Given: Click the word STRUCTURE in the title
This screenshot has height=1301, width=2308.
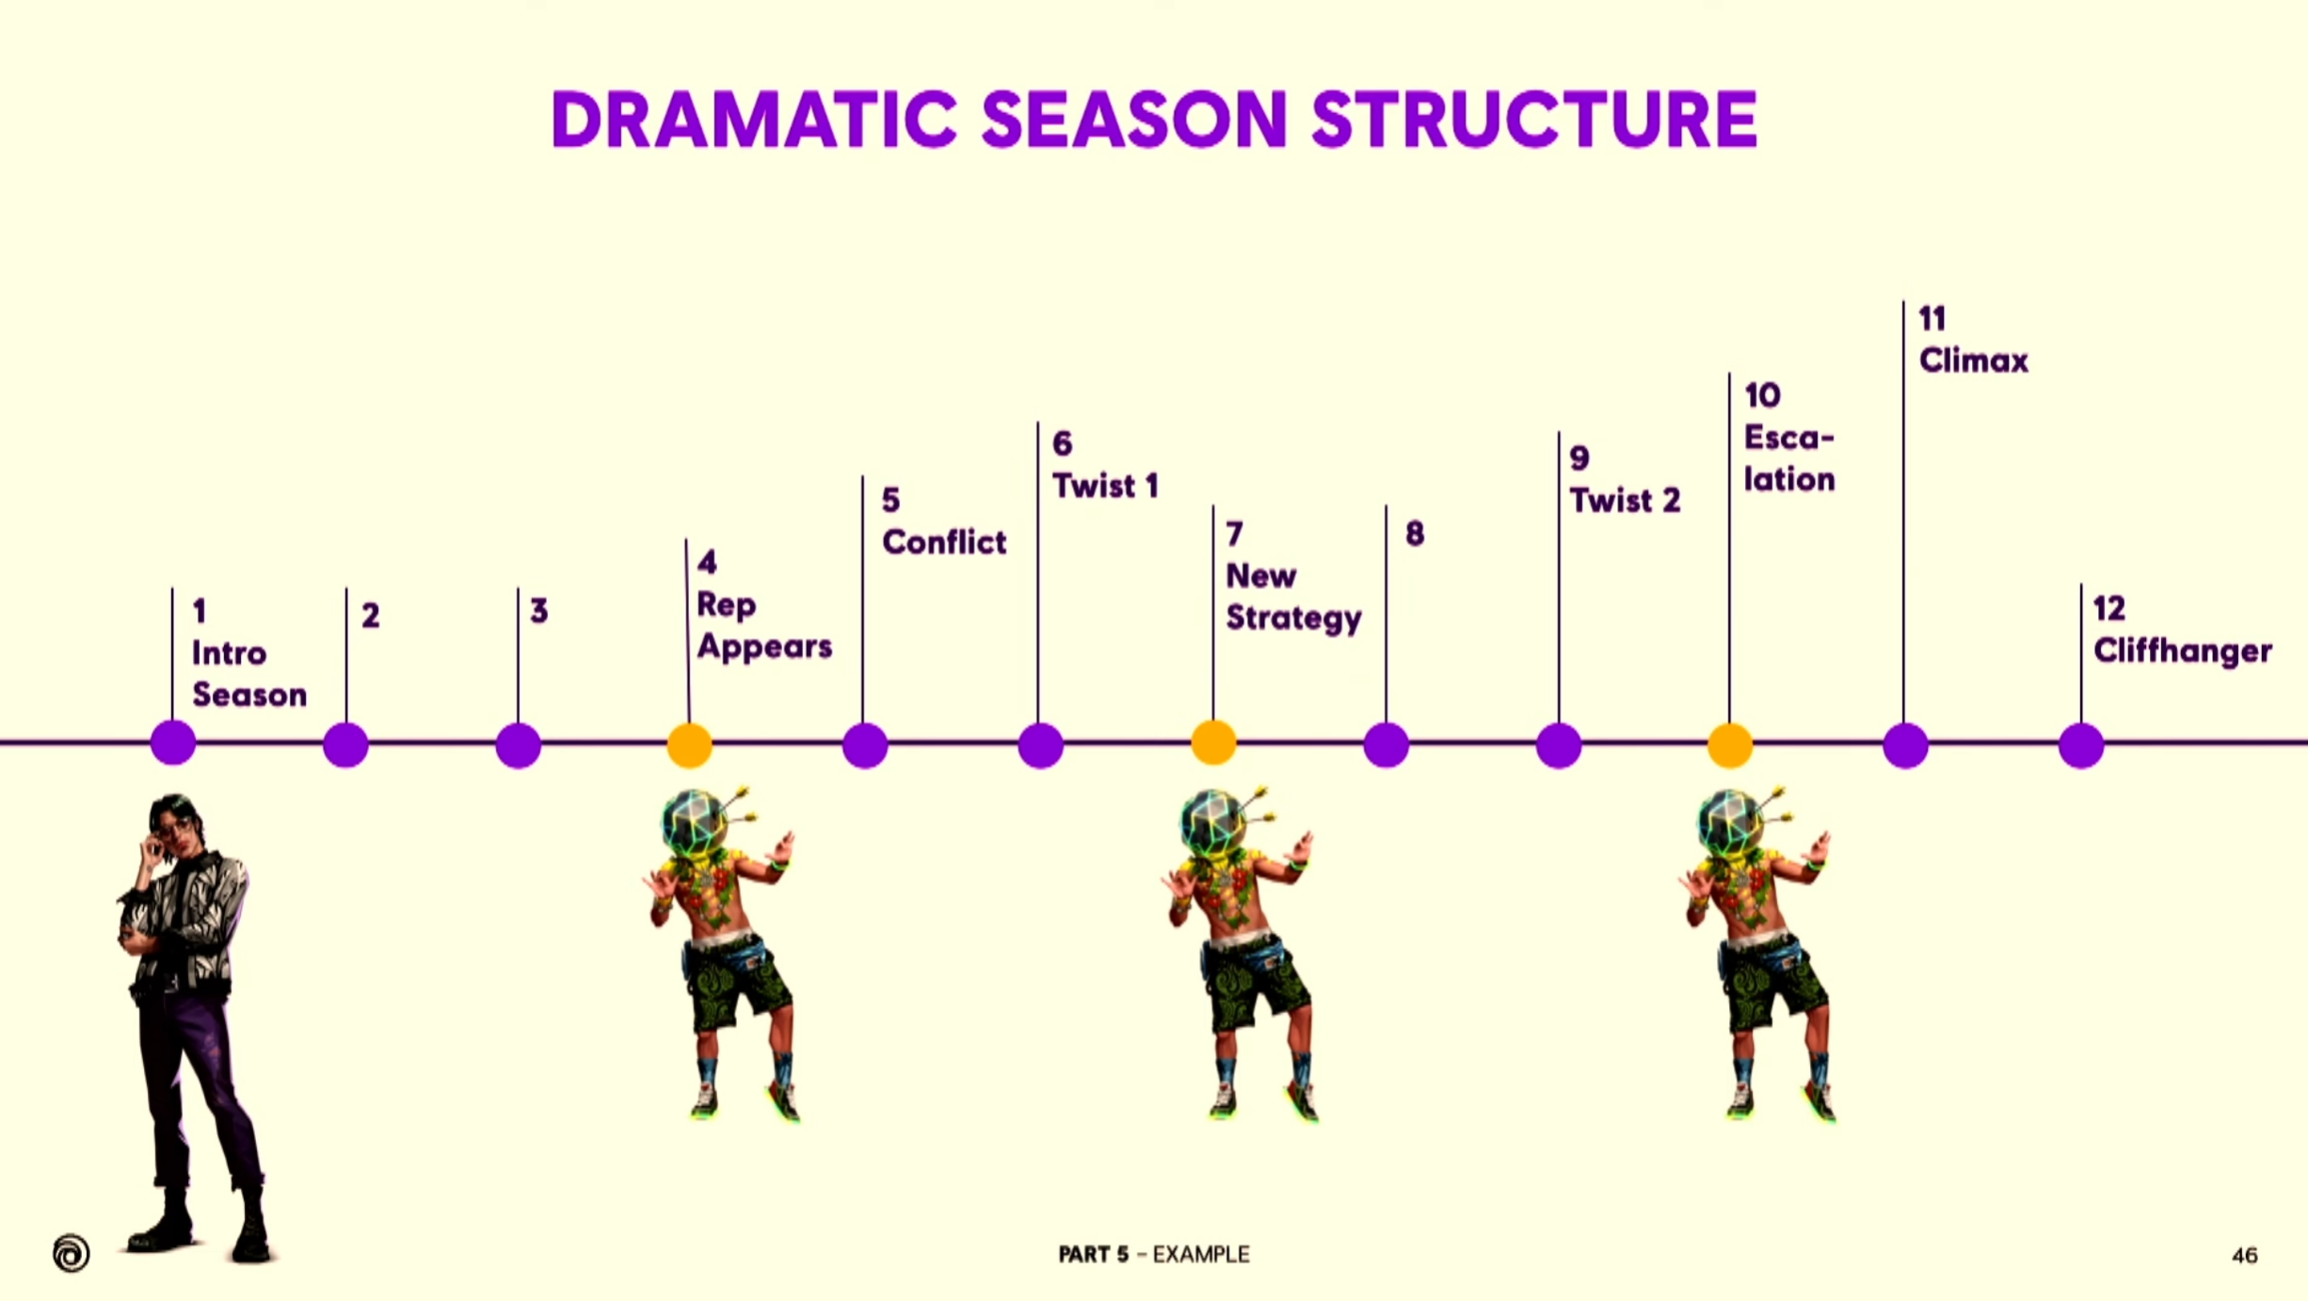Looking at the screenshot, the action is pyautogui.click(x=1534, y=120).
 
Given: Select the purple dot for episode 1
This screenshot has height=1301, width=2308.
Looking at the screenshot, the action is pyautogui.click(x=173, y=744).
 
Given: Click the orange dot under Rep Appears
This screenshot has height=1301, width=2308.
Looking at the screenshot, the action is pyautogui.click(x=690, y=746).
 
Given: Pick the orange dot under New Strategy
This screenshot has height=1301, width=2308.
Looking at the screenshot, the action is pyautogui.click(x=1214, y=743).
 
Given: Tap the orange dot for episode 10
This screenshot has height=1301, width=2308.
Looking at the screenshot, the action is pyautogui.click(x=1730, y=746).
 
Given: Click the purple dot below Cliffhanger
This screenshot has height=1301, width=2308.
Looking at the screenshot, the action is pyautogui.click(x=2081, y=746).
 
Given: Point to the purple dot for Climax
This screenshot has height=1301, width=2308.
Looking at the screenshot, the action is pyautogui.click(x=1906, y=746).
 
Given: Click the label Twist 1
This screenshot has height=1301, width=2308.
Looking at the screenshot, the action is pyautogui.click(x=1106, y=486).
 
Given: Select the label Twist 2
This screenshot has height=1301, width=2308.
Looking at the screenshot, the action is pyautogui.click(x=1626, y=500).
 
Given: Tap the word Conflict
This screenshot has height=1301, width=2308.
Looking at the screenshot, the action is pyautogui.click(x=944, y=542).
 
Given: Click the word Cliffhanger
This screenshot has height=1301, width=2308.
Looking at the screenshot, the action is pyautogui.click(x=2183, y=650).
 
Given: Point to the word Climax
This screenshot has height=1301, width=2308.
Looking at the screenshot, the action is pyautogui.click(x=1974, y=361).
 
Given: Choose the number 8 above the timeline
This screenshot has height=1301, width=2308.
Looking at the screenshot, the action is pyautogui.click(x=1415, y=535).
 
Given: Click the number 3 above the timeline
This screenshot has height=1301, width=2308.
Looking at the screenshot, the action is pyautogui.click(x=538, y=611).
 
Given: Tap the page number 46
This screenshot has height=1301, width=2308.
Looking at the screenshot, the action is pyautogui.click(x=2245, y=1255).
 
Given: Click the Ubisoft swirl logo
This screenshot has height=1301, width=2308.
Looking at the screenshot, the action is pyautogui.click(x=72, y=1253).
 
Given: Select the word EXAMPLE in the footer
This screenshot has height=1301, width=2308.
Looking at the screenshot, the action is pyautogui.click(x=1201, y=1255).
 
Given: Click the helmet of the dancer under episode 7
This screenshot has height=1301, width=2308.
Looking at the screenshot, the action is pyautogui.click(x=1212, y=821).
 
